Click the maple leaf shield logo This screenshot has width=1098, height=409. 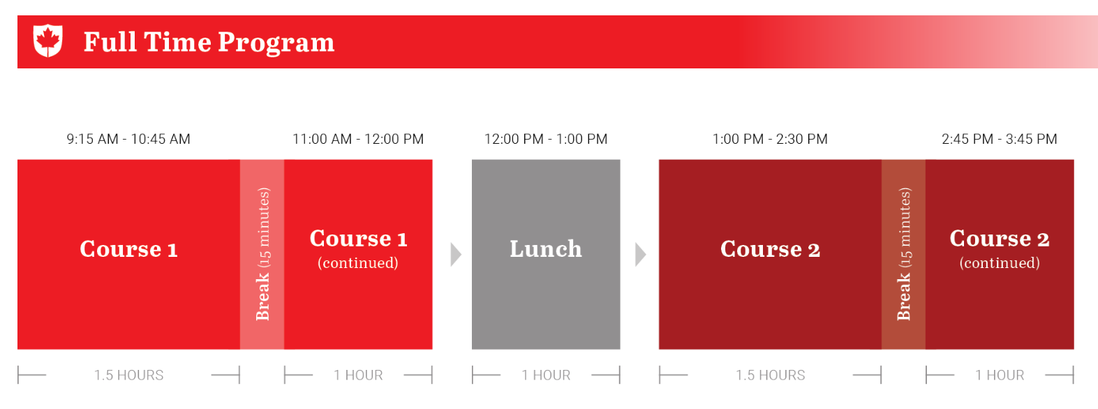tap(47, 40)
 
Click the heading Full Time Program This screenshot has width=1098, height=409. tap(209, 42)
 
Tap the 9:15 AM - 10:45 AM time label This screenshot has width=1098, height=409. tap(128, 140)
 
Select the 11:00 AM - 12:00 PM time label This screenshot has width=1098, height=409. tap(358, 140)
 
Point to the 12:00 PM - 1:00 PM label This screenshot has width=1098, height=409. tap(546, 140)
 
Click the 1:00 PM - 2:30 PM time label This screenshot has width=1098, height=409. tap(770, 140)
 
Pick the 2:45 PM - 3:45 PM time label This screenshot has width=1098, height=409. tap(1000, 140)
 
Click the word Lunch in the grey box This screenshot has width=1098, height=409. tap(546, 248)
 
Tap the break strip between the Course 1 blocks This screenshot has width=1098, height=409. tap(262, 255)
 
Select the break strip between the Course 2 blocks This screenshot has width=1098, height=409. tap(903, 255)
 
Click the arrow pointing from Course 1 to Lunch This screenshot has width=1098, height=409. tap(456, 255)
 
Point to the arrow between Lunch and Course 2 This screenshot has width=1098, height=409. tap(640, 255)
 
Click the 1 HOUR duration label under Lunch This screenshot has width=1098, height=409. tap(546, 375)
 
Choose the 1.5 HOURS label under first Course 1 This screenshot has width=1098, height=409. tap(129, 375)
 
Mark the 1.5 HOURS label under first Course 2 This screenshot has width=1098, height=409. tap(770, 375)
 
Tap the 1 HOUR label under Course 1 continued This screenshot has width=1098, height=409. tap(358, 375)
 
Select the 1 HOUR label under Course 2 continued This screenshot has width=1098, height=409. tap(1000, 375)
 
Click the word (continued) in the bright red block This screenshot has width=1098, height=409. tap(358, 263)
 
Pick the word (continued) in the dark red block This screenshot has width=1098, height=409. tap(1000, 263)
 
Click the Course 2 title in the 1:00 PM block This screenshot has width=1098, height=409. tap(770, 249)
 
